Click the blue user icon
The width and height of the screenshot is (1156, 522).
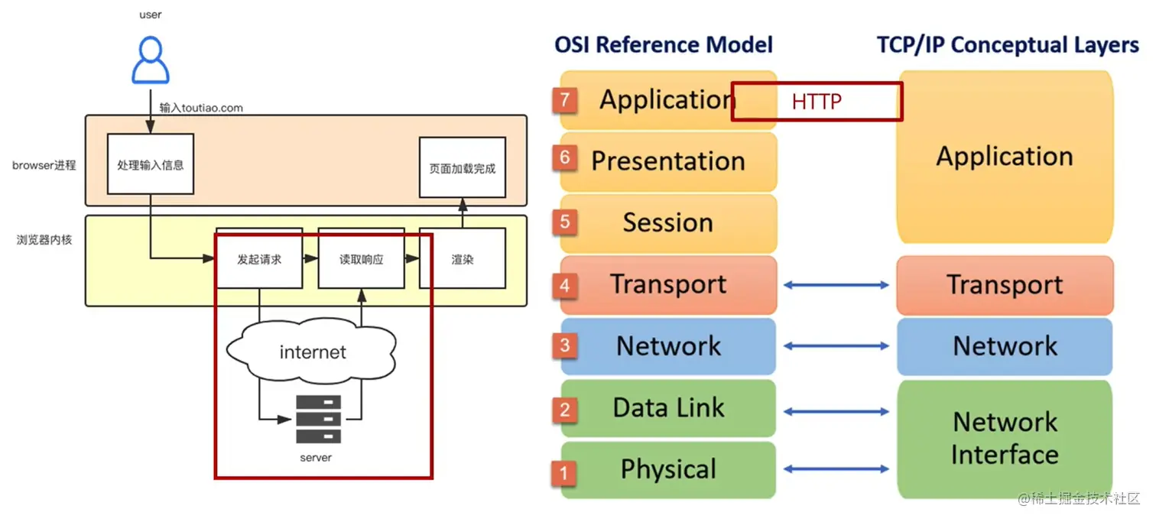pos(151,60)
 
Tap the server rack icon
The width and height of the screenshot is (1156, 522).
pos(318,419)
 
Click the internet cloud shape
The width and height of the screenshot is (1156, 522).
pos(312,352)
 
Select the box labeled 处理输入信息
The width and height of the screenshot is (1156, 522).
pos(151,164)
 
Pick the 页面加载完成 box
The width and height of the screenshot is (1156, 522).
pos(463,167)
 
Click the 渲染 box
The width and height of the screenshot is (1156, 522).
pos(463,259)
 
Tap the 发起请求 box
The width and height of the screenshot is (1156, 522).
pos(259,259)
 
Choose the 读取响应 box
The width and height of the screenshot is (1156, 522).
pos(361,259)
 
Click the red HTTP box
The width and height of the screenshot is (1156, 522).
pos(817,102)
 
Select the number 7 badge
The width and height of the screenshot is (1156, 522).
pos(565,99)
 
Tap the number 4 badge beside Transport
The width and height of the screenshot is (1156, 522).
pos(565,285)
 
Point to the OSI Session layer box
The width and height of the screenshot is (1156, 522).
pos(668,223)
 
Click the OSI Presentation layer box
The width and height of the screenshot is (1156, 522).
pos(668,161)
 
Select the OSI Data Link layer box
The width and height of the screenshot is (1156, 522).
pos(668,408)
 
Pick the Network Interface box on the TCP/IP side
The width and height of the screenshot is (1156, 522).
pos(1005,439)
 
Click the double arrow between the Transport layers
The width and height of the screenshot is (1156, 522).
pos(836,285)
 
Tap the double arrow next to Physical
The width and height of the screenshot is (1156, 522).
pos(836,469)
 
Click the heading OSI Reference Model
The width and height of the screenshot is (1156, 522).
pos(664,44)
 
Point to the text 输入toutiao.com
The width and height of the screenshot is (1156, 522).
pos(201,108)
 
